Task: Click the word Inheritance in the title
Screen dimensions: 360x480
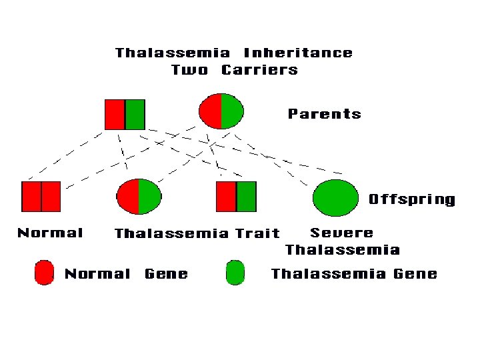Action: click(x=298, y=53)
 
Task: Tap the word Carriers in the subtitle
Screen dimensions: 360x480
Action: click(x=259, y=70)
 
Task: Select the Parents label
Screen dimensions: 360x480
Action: click(x=324, y=114)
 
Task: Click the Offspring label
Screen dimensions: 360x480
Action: click(x=412, y=199)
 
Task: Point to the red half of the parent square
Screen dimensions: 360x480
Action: click(x=115, y=114)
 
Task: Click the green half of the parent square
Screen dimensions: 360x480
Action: click(x=135, y=114)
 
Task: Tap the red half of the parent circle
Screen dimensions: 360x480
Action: click(x=211, y=111)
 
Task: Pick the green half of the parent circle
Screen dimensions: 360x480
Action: click(x=232, y=111)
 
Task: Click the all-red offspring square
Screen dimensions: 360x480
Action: click(x=41, y=196)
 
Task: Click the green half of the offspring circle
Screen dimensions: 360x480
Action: click(x=149, y=197)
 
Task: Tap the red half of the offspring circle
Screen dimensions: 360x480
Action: click(x=128, y=197)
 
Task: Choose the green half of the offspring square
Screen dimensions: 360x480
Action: click(x=246, y=196)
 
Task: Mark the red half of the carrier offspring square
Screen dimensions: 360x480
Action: click(x=226, y=196)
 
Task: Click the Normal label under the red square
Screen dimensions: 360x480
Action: click(x=50, y=233)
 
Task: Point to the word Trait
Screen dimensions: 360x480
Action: click(x=257, y=233)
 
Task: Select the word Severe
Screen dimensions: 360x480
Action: click(x=341, y=233)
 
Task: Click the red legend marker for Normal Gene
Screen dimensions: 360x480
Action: click(x=44, y=273)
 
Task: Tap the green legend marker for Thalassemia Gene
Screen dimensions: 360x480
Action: click(x=235, y=273)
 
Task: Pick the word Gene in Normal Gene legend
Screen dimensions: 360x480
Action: click(x=166, y=273)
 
